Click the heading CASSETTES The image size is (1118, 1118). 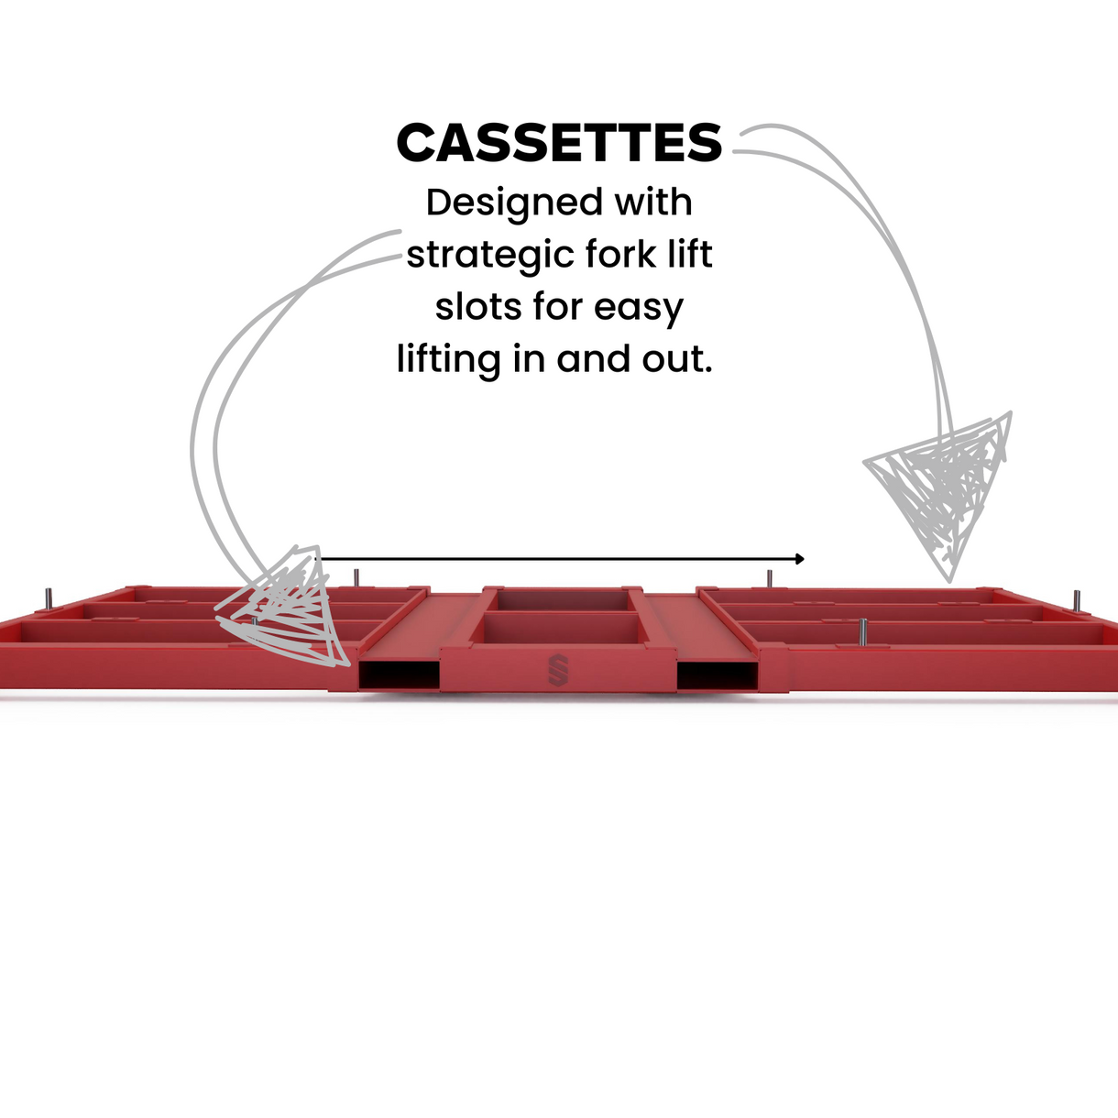point(559,144)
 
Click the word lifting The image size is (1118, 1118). point(448,360)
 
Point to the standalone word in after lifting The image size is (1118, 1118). point(529,359)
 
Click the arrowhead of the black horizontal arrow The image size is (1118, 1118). point(800,559)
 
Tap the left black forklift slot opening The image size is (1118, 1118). point(399,675)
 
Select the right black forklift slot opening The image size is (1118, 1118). point(718,675)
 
